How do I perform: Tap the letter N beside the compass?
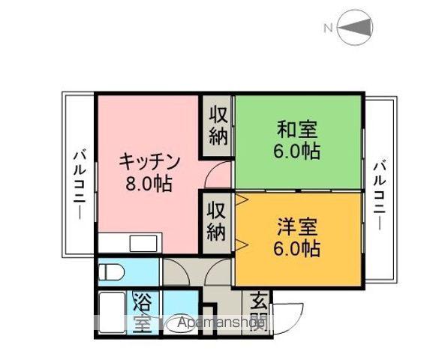point(328,29)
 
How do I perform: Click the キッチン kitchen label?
point(150,160)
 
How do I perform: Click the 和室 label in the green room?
point(297,129)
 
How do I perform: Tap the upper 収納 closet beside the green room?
point(218,125)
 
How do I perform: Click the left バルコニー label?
point(78,182)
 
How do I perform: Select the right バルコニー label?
point(381,193)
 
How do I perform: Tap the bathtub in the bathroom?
point(113,314)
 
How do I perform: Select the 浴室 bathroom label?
point(142,313)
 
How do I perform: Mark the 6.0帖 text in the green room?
point(297,151)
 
